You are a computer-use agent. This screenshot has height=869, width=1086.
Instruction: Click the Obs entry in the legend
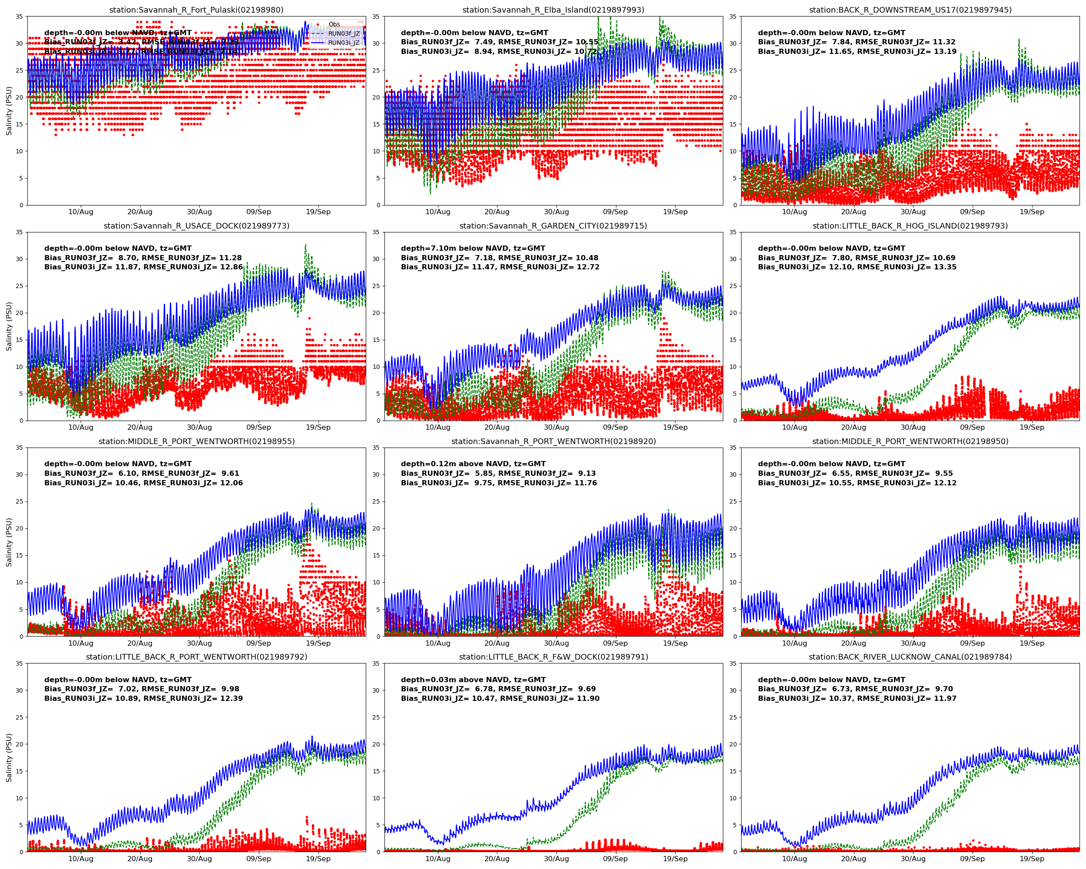click(334, 24)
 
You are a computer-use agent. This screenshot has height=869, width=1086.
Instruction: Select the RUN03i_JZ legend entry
click(344, 43)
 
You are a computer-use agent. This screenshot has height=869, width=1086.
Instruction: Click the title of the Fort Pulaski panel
click(196, 10)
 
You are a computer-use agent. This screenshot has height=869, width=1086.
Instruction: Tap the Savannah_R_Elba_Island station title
click(553, 10)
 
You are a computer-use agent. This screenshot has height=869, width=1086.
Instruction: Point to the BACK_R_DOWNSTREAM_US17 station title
click(910, 10)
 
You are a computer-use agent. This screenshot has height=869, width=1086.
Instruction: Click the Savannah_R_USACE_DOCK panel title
click(196, 226)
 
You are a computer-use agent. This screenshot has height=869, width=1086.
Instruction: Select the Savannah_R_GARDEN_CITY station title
click(553, 226)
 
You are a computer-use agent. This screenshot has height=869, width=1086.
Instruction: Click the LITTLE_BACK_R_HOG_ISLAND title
click(910, 226)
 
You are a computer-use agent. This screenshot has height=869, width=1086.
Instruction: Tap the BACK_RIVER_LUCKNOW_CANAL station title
click(910, 657)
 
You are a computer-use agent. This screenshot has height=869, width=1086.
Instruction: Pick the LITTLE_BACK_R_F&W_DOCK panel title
click(553, 657)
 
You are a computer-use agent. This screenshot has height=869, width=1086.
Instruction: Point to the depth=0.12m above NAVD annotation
click(473, 464)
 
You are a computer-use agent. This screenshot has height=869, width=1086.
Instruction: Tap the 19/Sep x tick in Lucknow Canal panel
click(1032, 859)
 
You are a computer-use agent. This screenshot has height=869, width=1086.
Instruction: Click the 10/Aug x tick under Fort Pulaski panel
click(81, 212)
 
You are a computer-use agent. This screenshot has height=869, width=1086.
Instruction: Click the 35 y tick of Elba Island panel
click(376, 17)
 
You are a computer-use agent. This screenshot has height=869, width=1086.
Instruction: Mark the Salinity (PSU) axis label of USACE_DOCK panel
click(9, 326)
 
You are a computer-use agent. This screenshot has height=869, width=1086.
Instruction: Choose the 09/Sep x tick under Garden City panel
click(615, 428)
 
